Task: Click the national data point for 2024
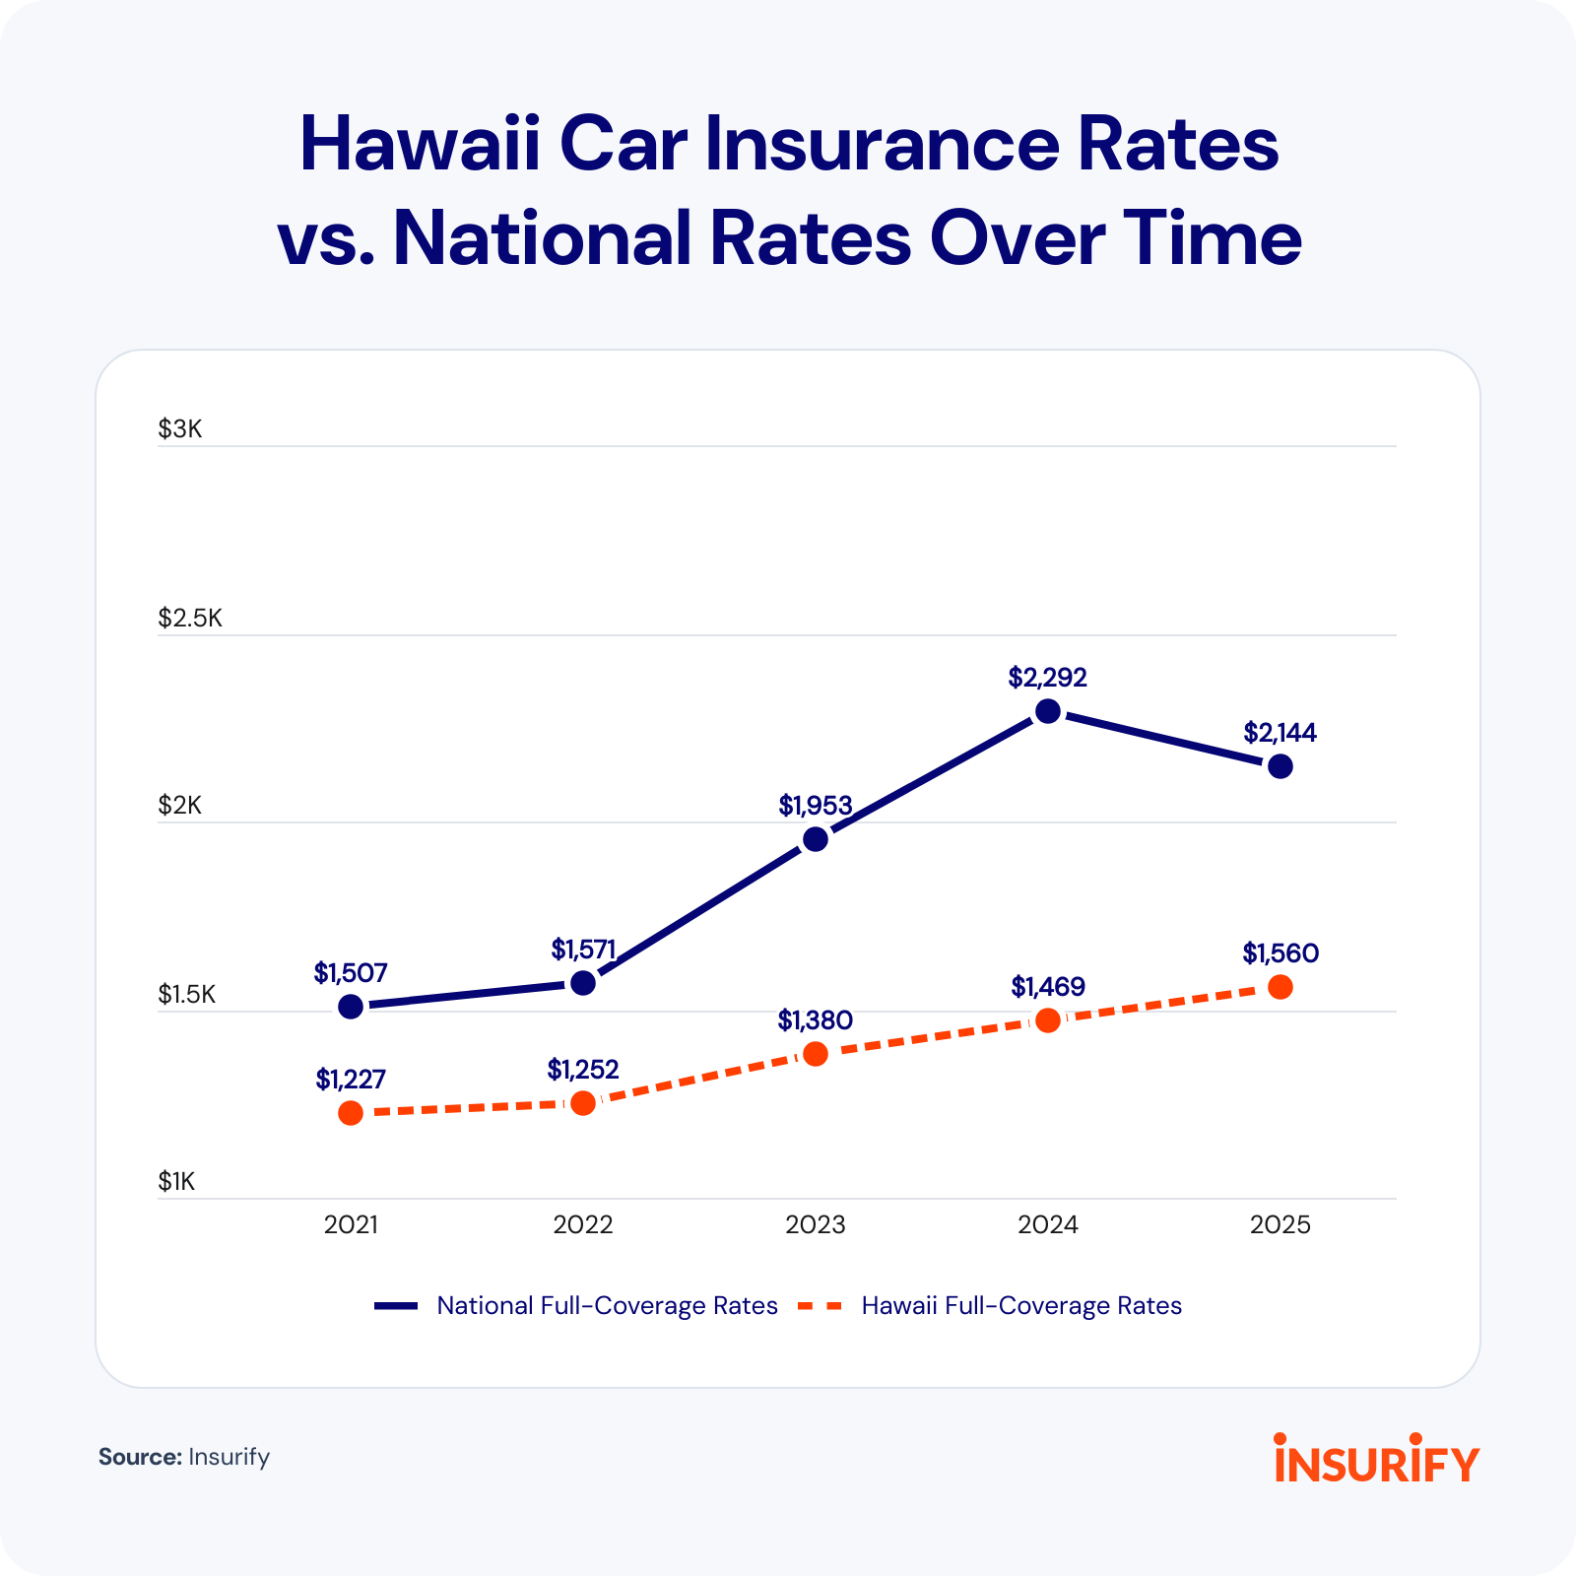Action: (x=1048, y=711)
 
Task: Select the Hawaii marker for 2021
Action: (x=351, y=1113)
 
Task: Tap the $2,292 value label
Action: (x=1047, y=678)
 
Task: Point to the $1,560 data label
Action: (x=1280, y=953)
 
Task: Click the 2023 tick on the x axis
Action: (x=815, y=1224)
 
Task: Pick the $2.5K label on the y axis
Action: (x=190, y=618)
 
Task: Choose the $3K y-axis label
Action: (x=179, y=428)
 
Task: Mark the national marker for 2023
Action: (x=816, y=839)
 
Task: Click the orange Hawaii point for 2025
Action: (x=1280, y=987)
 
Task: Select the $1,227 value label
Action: (x=351, y=1080)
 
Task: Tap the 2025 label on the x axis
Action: (x=1280, y=1224)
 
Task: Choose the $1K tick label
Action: (x=176, y=1181)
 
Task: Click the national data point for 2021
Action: (x=351, y=1007)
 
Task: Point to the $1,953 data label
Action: (x=815, y=806)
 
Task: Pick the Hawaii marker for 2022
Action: (x=583, y=1102)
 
